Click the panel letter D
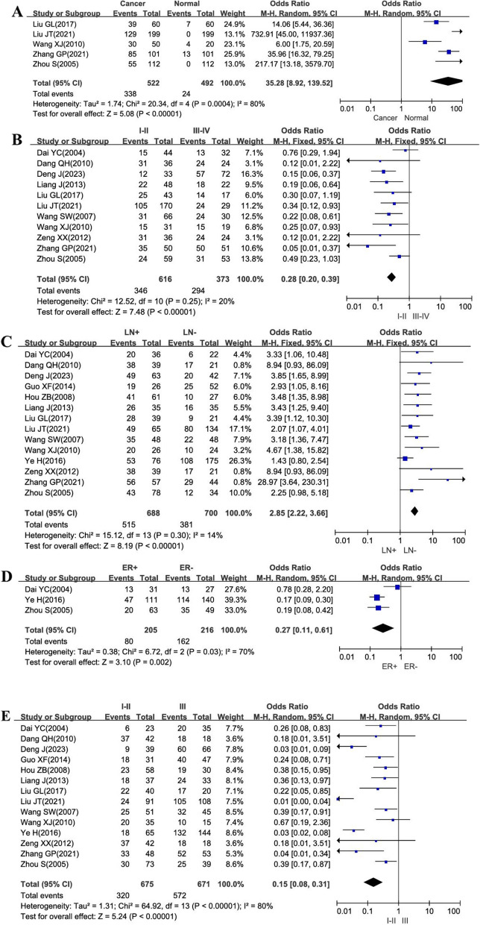(x=7, y=576)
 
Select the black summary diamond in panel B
(x=391, y=277)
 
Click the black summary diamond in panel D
(x=382, y=627)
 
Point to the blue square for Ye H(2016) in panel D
(x=376, y=597)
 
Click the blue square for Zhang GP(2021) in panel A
(x=449, y=51)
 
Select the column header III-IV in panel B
(x=201, y=131)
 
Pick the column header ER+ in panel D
(x=130, y=568)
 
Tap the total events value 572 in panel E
(x=180, y=895)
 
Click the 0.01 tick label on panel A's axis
(x=347, y=109)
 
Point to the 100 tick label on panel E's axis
(x=454, y=912)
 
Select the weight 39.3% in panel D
(x=236, y=600)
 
